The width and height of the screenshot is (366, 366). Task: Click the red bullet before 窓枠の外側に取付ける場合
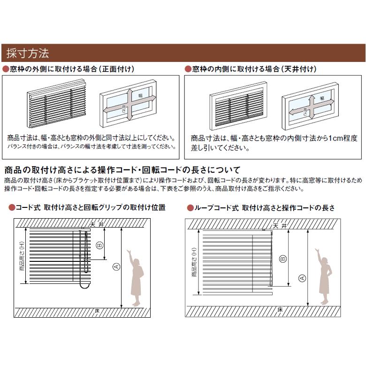pyautogui.click(x=6, y=69)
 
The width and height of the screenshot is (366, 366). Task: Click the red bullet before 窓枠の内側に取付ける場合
pyautogui.click(x=188, y=69)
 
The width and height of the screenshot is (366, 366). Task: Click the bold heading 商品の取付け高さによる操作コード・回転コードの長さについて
pyautogui.click(x=122, y=170)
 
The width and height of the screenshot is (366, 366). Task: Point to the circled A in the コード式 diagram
pyautogui.click(x=116, y=267)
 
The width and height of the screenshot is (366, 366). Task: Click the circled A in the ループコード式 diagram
pyautogui.click(x=302, y=278)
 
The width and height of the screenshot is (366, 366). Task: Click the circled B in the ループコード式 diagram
pyautogui.click(x=283, y=258)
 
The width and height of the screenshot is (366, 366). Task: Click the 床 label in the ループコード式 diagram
pyautogui.click(x=280, y=310)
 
